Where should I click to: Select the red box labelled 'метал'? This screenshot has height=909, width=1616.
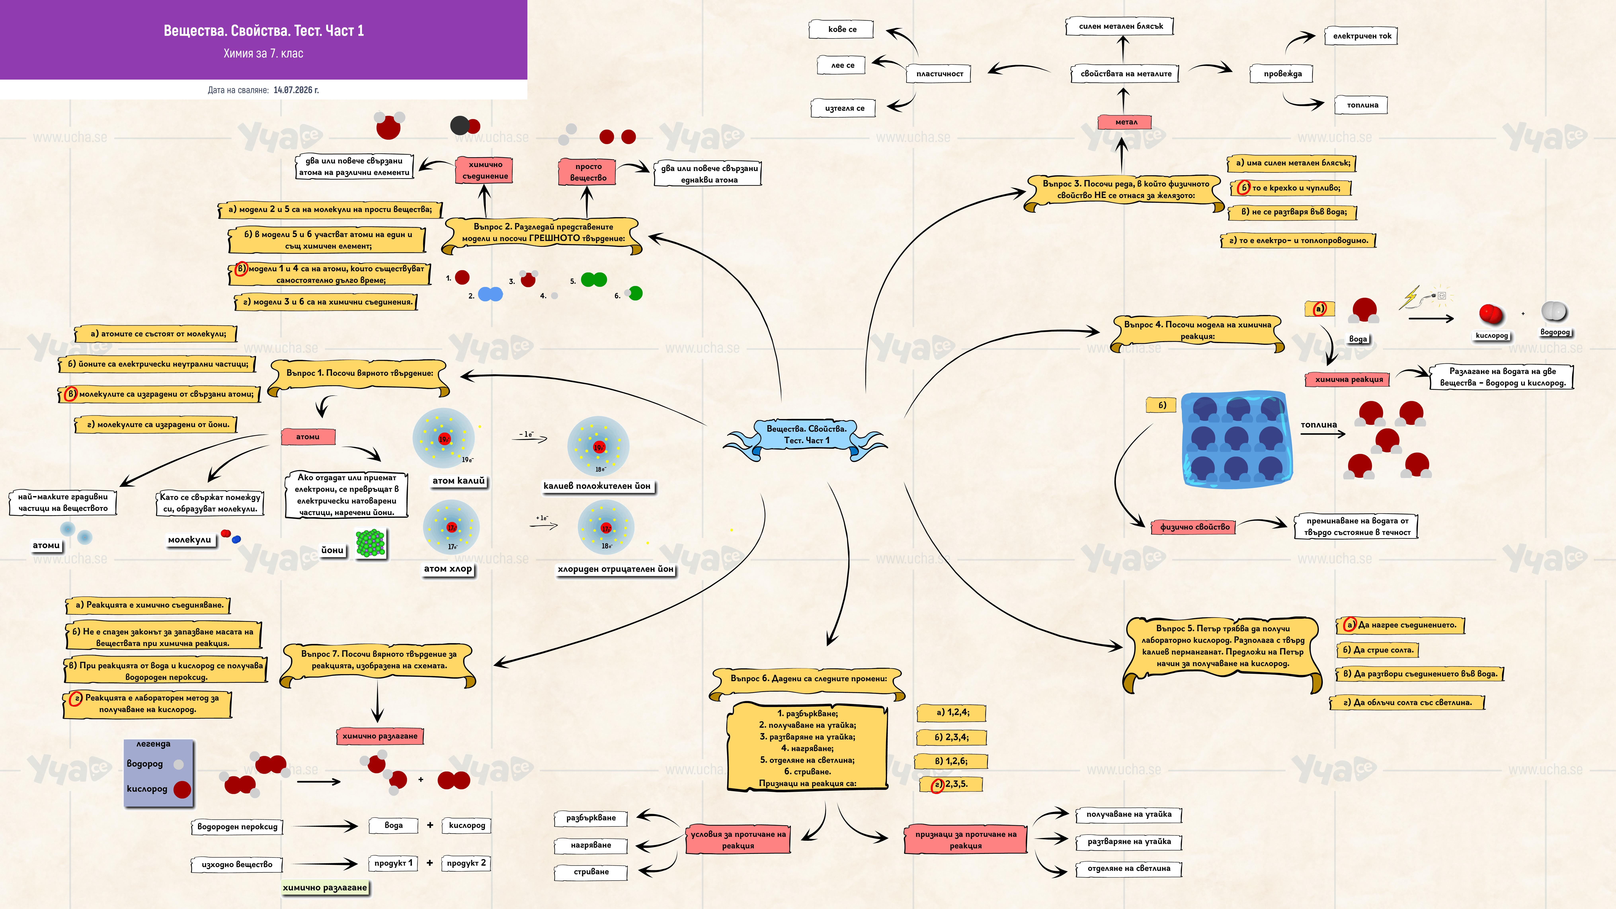click(1126, 122)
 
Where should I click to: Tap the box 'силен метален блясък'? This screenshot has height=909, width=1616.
click(1120, 26)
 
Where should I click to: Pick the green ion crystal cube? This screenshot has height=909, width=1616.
click(371, 543)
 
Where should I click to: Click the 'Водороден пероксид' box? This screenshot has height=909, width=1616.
click(237, 827)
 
